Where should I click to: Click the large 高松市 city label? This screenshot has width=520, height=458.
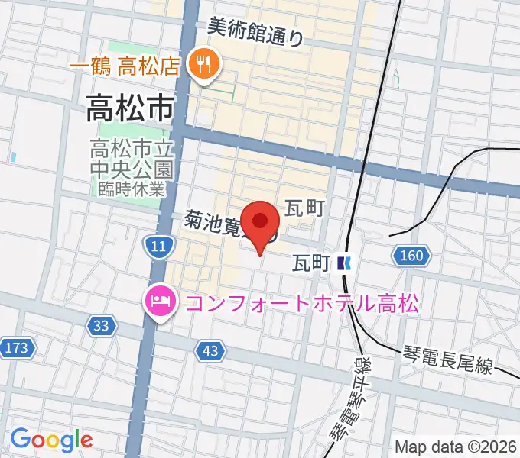click(129, 109)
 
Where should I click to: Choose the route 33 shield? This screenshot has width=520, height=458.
click(101, 327)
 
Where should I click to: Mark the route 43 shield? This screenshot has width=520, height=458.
click(211, 350)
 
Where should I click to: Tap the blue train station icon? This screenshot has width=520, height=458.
click(343, 263)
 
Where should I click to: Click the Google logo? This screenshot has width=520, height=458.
click(51, 440)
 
